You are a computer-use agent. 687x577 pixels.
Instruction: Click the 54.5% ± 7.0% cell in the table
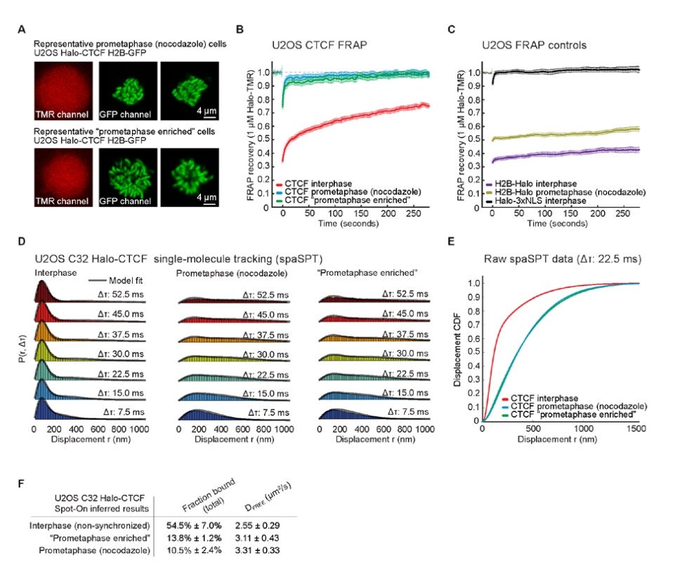click(194, 524)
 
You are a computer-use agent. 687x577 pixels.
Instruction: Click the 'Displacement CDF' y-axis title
click(457, 349)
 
